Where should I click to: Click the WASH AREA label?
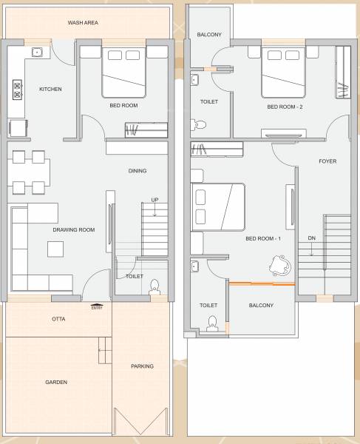tap(83, 23)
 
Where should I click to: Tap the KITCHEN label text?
tap(50, 90)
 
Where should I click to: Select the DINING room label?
tap(137, 171)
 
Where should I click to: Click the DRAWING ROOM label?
tap(74, 230)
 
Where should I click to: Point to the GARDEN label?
tap(56, 383)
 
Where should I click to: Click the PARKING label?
tap(142, 366)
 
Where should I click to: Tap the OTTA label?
tap(58, 319)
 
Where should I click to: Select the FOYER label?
tap(327, 161)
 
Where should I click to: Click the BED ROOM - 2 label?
tap(285, 107)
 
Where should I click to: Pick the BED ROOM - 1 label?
tap(263, 238)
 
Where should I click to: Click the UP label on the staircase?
tap(154, 200)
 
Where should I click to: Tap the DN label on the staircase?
tap(312, 238)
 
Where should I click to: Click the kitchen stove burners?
tap(16, 90)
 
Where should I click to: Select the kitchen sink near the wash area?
tap(36, 53)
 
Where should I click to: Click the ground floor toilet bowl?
tap(154, 286)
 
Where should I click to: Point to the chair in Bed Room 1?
tap(281, 265)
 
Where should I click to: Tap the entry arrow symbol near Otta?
tap(96, 305)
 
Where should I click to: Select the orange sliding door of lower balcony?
tap(262, 283)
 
